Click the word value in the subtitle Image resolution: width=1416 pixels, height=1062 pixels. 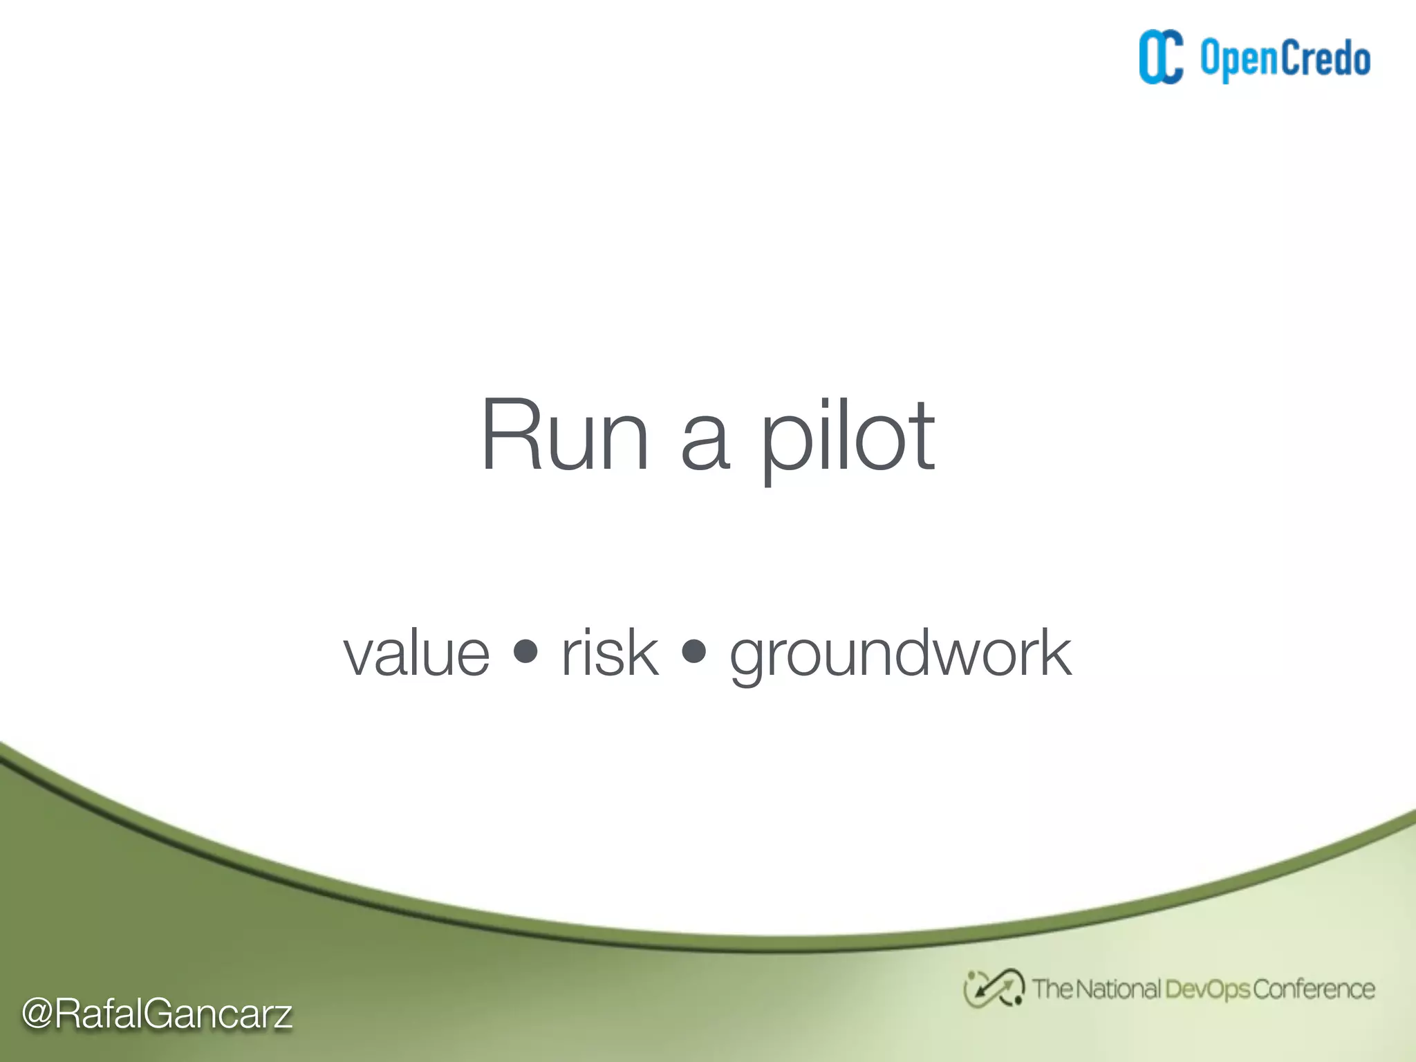(416, 653)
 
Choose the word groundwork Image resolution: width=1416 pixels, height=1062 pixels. (900, 654)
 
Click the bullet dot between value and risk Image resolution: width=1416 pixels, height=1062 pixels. (526, 651)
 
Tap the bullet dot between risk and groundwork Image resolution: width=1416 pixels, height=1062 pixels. (693, 651)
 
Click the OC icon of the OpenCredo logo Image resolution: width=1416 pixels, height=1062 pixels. (1161, 57)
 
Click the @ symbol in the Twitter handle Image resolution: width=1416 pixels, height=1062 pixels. (37, 1014)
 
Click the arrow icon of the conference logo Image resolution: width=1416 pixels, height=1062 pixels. (994, 988)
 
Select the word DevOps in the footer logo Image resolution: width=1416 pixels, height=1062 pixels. (1207, 989)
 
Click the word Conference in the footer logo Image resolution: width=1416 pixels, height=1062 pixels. (1314, 989)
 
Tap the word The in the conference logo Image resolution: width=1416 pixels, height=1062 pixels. (1052, 989)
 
